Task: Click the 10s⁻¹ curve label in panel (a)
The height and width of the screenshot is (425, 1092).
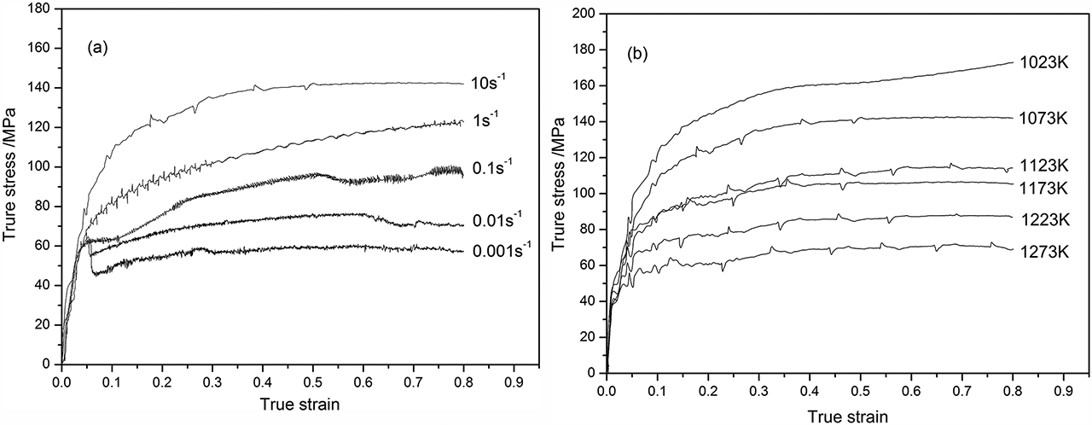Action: (x=489, y=84)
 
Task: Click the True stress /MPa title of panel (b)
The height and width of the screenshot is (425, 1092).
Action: (x=560, y=194)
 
